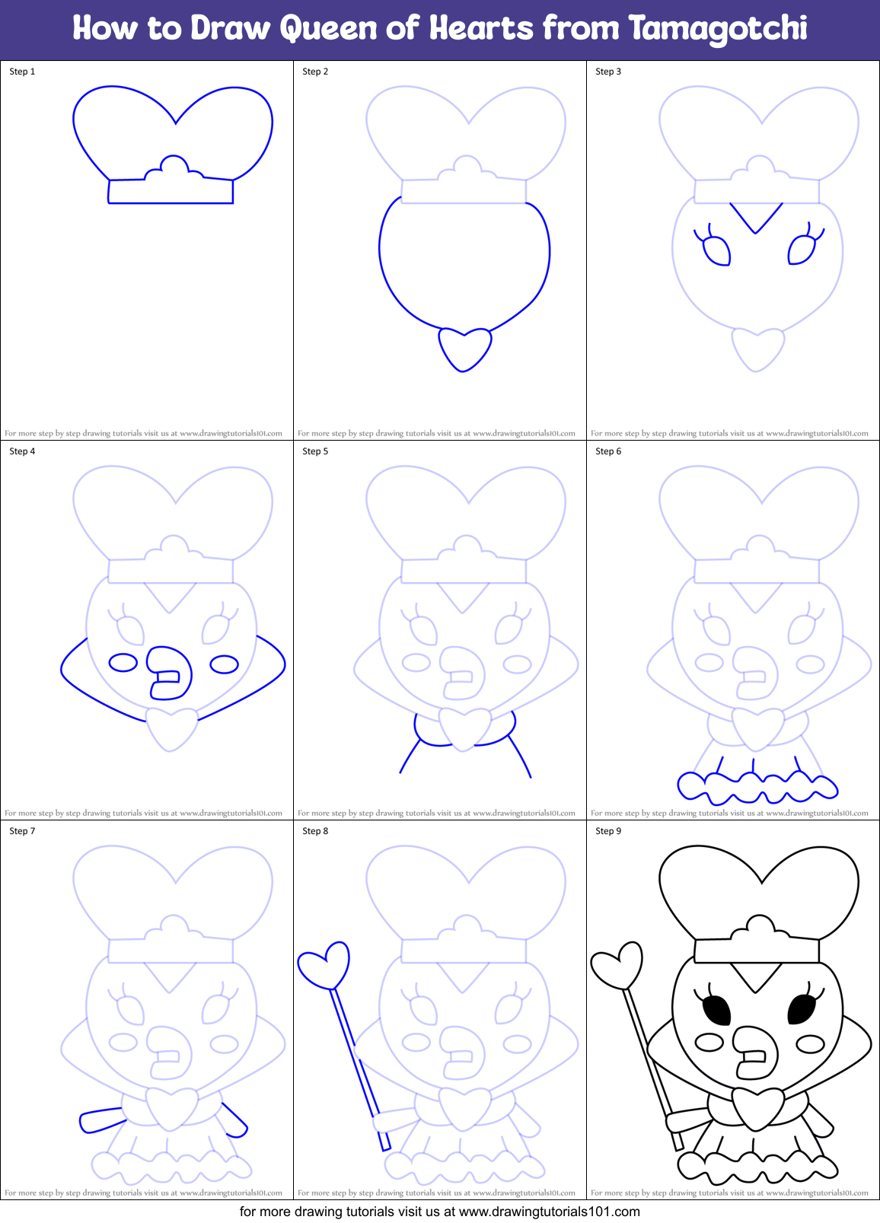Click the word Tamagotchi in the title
tap(718, 29)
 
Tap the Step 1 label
tap(22, 72)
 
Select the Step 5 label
tap(315, 451)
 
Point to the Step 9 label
tap(608, 831)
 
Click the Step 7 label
tap(22, 831)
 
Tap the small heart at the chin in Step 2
tap(464, 348)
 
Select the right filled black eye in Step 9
tap(802, 1008)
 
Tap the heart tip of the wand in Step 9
tap(618, 965)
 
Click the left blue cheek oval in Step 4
tap(123, 662)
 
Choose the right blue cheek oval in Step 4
tap(224, 664)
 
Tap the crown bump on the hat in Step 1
tap(175, 165)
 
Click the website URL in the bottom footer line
tap(549, 1212)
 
